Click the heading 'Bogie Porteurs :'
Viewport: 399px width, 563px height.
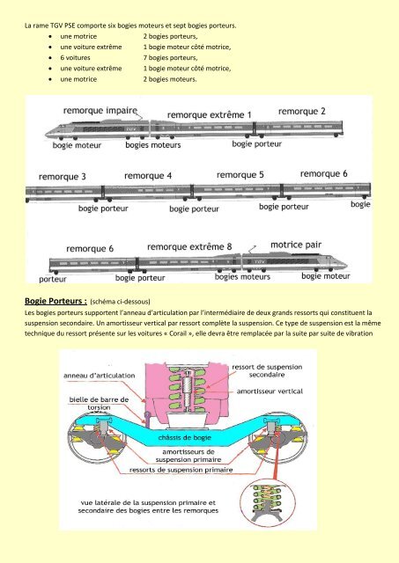click(x=55, y=301)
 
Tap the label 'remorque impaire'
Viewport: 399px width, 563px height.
click(x=100, y=111)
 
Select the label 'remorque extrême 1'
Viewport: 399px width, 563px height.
click(x=210, y=115)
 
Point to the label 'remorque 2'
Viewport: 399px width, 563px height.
click(x=301, y=112)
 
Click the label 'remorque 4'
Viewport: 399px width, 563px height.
click(x=148, y=176)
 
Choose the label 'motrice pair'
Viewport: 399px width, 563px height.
click(x=296, y=245)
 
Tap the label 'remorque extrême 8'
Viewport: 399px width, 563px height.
click(x=189, y=247)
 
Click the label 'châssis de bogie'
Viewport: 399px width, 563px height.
click(x=185, y=438)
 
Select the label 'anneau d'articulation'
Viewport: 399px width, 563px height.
click(x=100, y=376)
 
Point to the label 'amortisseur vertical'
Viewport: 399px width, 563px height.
click(x=270, y=391)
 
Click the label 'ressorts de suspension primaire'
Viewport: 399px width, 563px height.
click(x=181, y=470)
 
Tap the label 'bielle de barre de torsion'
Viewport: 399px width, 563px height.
click(x=99, y=404)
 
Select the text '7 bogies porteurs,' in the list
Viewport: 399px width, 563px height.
click(x=170, y=57)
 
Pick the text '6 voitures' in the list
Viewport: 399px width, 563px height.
click(x=75, y=57)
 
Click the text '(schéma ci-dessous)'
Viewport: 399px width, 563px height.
click(x=120, y=302)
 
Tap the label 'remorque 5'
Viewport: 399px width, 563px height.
click(x=240, y=175)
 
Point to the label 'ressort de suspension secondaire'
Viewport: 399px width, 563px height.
click(x=267, y=371)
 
